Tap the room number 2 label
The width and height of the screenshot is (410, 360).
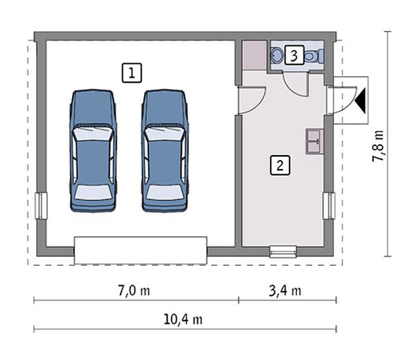tap(280, 165)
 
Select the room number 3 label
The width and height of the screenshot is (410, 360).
tap(295, 55)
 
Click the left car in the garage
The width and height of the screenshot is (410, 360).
tap(93, 151)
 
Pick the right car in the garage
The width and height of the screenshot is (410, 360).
tap(165, 151)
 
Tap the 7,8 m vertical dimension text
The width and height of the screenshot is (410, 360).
tap(378, 146)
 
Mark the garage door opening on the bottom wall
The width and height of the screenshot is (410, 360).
tap(141, 250)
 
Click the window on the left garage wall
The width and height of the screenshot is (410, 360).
tap(40, 206)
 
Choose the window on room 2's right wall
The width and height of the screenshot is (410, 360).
tap(329, 206)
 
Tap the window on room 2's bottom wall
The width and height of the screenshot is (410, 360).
tap(283, 251)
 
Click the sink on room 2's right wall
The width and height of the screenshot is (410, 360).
tap(312, 140)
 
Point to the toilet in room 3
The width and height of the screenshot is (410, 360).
tap(313, 55)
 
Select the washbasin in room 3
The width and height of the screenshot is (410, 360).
tap(276, 55)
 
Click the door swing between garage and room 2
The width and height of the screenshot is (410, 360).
tap(249, 100)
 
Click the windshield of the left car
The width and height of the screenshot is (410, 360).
tap(93, 131)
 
